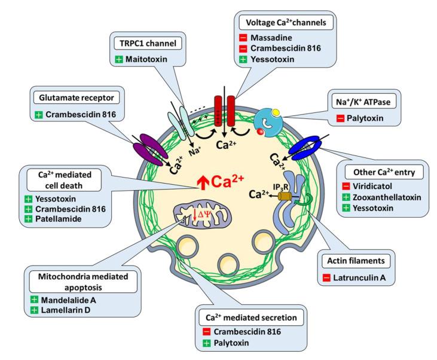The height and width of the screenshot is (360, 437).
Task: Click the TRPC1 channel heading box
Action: [148, 44]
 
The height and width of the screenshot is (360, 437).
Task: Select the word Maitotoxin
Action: [146, 59]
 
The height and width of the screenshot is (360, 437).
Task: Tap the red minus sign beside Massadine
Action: [243, 38]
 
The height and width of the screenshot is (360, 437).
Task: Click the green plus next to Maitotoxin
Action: [119, 59]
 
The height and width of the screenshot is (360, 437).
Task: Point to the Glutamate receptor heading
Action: [77, 98]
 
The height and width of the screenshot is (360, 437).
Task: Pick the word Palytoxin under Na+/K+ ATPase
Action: [365, 118]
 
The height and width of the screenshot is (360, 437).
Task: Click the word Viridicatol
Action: [372, 186]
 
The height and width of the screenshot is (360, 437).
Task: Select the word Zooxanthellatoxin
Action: [387, 197]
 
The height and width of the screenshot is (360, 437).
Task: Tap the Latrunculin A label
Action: [359, 277]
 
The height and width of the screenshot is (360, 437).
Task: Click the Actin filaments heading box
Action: [356, 261]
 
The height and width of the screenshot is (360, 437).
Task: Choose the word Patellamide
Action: [58, 219]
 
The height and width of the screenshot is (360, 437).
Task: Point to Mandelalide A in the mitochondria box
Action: [68, 300]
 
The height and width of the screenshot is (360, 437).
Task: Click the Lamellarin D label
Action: [66, 310]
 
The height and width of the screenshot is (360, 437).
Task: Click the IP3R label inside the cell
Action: [280, 187]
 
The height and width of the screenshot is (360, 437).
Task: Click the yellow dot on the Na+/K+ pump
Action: [276, 112]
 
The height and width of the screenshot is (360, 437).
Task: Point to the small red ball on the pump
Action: [260, 132]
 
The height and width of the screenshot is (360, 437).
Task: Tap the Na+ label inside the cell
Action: [194, 151]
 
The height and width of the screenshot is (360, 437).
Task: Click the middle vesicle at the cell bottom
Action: [228, 264]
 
